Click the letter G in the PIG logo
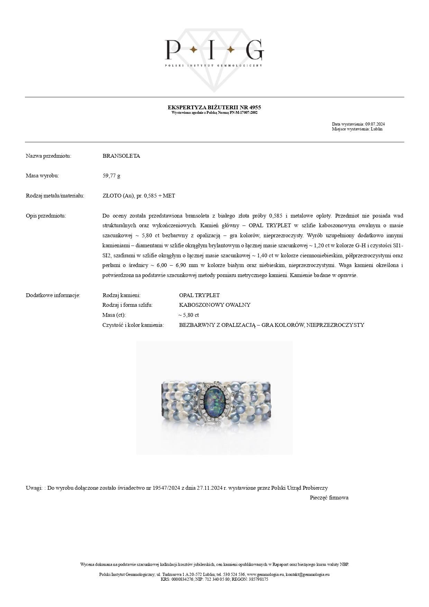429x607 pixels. (255, 50)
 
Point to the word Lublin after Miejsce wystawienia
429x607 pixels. (376, 129)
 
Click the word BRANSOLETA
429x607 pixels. (121, 156)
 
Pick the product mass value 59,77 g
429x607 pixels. (111, 176)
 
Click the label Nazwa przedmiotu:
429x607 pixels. (48, 156)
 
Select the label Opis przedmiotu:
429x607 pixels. (46, 216)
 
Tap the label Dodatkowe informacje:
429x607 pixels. (53, 295)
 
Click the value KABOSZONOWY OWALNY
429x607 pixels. (214, 305)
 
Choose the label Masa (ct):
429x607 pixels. (114, 315)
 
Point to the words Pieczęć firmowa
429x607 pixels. (329, 498)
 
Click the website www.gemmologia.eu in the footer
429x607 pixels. (265, 574)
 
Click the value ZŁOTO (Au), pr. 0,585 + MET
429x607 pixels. (139, 196)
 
